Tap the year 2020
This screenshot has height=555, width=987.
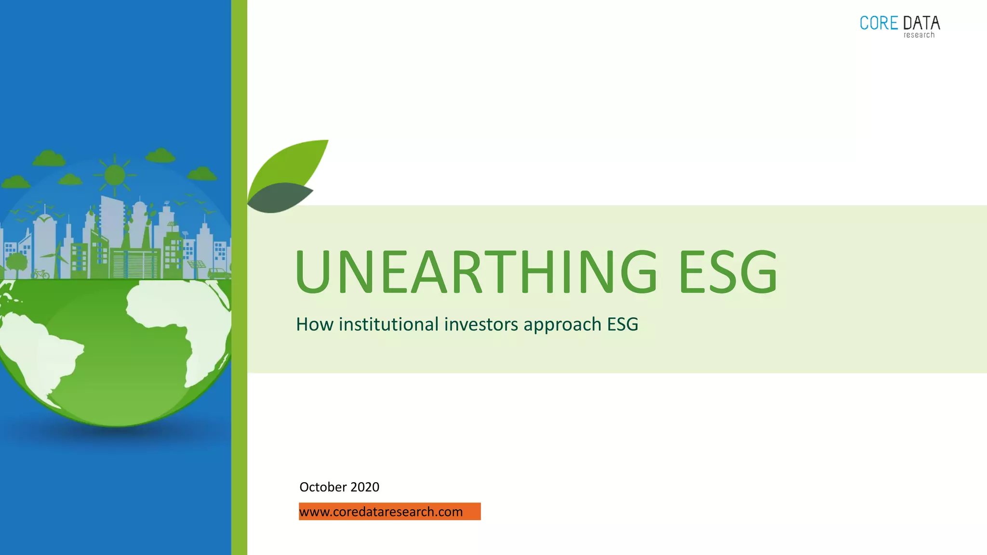pyautogui.click(x=365, y=487)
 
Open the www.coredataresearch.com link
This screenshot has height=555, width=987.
pyautogui.click(x=381, y=512)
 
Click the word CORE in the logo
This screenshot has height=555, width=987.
pyautogui.click(x=879, y=23)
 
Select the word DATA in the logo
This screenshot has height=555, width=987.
pyautogui.click(x=921, y=23)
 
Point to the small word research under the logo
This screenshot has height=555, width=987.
pyautogui.click(x=919, y=35)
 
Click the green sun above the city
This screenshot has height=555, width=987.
pyautogui.click(x=115, y=174)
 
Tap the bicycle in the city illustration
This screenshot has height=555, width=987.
pyautogui.click(x=40, y=274)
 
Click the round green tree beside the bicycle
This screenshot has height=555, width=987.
pyautogui.click(x=17, y=263)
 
